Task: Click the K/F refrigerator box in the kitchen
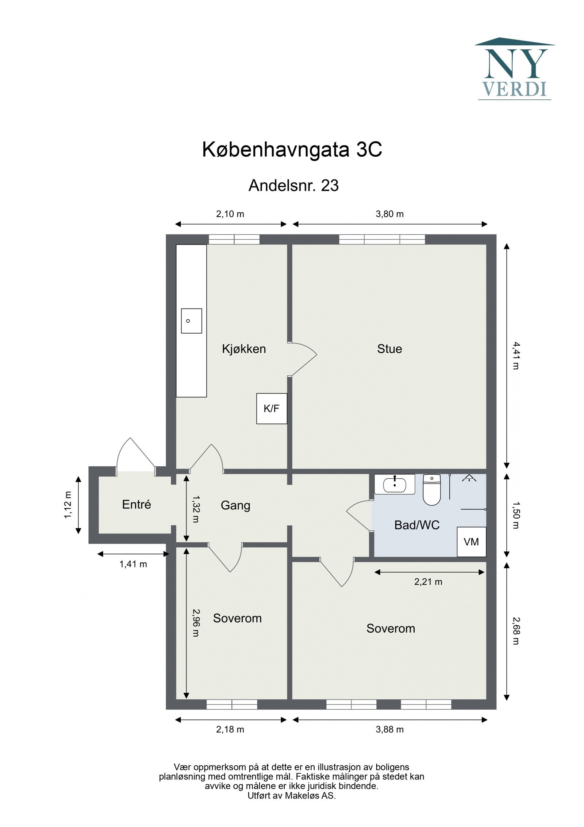(x=271, y=408)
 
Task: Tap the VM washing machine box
(x=471, y=542)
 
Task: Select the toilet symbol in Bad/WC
(x=432, y=490)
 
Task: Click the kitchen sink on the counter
(x=191, y=320)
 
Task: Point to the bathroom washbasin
(x=395, y=485)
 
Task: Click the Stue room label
(x=389, y=349)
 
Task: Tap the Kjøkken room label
(x=244, y=349)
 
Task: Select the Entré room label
(x=136, y=504)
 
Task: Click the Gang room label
(x=235, y=505)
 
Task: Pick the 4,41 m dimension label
(x=515, y=356)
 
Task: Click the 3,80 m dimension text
(x=389, y=214)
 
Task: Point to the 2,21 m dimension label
(x=428, y=582)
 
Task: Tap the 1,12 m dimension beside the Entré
(x=68, y=505)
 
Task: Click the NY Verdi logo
(x=514, y=69)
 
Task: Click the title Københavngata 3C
(x=292, y=149)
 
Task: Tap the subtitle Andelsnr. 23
(x=293, y=186)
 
